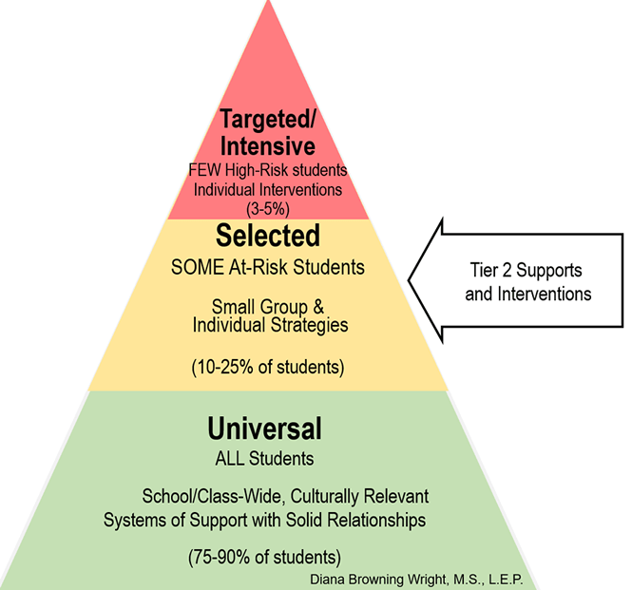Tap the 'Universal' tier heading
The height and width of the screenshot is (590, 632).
coord(265,428)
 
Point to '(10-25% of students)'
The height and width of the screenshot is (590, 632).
coord(268,365)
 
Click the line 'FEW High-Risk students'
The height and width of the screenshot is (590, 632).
coord(269,170)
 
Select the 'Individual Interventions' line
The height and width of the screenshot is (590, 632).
coord(269,187)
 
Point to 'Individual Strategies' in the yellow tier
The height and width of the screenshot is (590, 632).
coord(269,325)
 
